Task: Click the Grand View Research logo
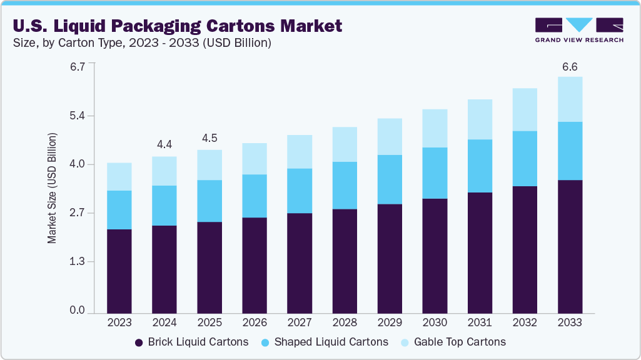tap(579, 29)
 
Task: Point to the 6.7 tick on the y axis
tap(77, 67)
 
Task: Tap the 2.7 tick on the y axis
tap(77, 213)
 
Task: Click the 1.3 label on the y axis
tap(77, 261)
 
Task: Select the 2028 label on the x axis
tap(345, 323)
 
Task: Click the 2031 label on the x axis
tap(480, 323)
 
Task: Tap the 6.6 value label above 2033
tap(570, 66)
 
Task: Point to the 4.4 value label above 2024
tap(164, 144)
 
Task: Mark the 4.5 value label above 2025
tap(209, 138)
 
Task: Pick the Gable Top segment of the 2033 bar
tap(570, 99)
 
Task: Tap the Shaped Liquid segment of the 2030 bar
tap(435, 173)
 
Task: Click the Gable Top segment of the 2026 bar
tap(255, 159)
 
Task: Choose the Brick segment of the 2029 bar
tap(390, 258)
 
